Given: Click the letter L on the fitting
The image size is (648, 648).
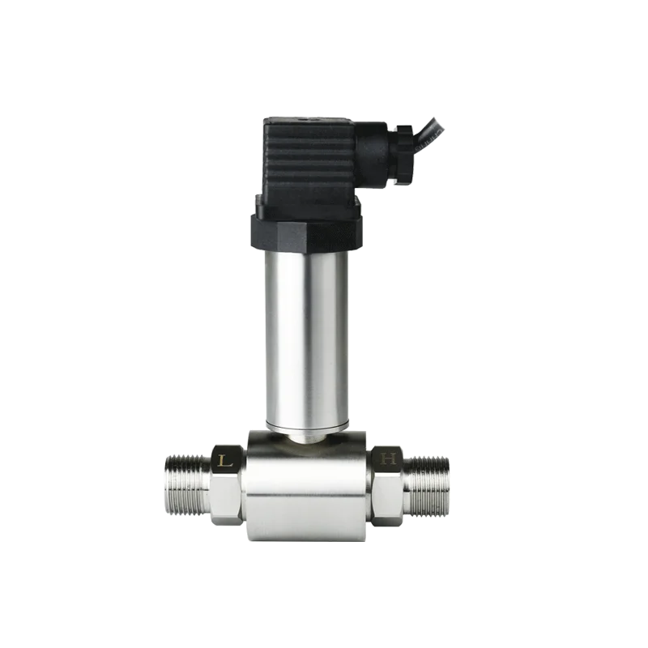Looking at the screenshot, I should [226, 459].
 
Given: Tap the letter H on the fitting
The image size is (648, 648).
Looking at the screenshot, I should [390, 459].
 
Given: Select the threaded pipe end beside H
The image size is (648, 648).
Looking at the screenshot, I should [428, 486].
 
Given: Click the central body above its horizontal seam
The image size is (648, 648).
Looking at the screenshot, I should [308, 466].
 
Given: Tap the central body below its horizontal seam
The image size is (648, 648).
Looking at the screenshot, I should [308, 518].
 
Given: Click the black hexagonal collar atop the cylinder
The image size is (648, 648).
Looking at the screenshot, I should [304, 232].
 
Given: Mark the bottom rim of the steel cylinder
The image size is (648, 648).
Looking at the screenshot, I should [305, 425].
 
